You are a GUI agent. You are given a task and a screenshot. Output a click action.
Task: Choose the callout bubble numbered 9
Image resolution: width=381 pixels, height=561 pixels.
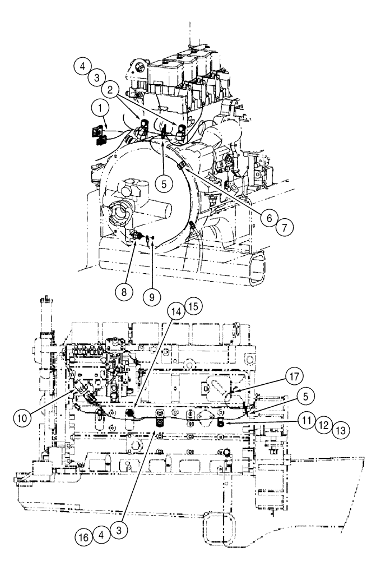point(148,296)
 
